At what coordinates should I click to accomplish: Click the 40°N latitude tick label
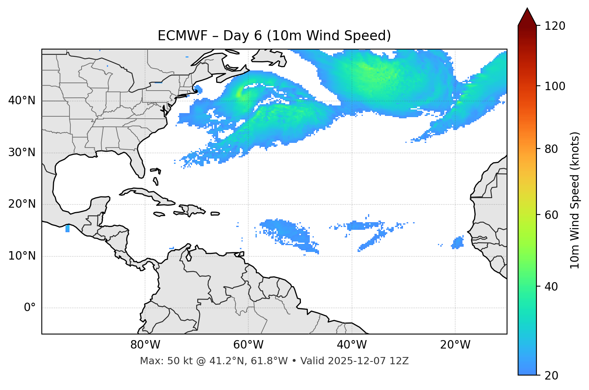[22, 101]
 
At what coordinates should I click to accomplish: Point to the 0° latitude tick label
[30, 308]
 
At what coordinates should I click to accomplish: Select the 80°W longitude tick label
[145, 345]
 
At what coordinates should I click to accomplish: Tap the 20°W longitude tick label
[455, 345]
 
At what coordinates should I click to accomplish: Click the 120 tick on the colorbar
[554, 26]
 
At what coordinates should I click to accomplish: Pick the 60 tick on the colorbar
[550, 215]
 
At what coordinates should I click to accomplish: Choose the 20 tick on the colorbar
[550, 376]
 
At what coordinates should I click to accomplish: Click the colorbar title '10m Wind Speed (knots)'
[575, 200]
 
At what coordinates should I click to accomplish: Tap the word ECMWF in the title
[182, 36]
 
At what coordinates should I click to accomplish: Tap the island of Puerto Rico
[215, 214]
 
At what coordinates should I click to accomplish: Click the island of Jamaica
[159, 215]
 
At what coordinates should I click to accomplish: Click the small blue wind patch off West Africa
[458, 243]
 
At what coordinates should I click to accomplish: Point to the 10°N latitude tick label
[22, 256]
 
